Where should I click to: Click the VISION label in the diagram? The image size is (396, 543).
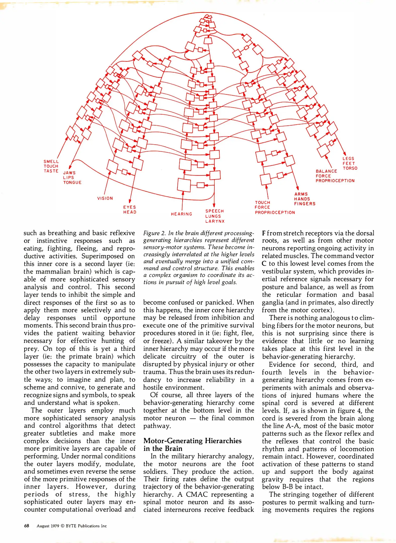tap(105, 198)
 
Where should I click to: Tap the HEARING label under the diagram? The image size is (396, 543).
tap(181, 214)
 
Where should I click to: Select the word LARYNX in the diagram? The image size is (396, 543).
tap(215, 221)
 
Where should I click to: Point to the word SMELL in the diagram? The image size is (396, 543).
tap(51, 162)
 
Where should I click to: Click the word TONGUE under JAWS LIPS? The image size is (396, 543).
tap(72, 183)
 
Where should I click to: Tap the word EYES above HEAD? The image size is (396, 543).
tap(129, 207)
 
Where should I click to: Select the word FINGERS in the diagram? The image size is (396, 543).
tap(304, 204)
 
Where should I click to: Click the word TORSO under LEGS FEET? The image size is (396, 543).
tap(350, 168)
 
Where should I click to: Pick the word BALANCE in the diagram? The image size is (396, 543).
tap(326, 171)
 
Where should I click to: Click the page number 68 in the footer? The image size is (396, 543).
tap(26, 526)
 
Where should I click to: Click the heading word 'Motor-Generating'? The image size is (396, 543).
tap(173, 441)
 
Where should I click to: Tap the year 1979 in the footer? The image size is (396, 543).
tap(54, 526)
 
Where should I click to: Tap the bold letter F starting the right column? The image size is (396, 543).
tap(264, 233)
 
